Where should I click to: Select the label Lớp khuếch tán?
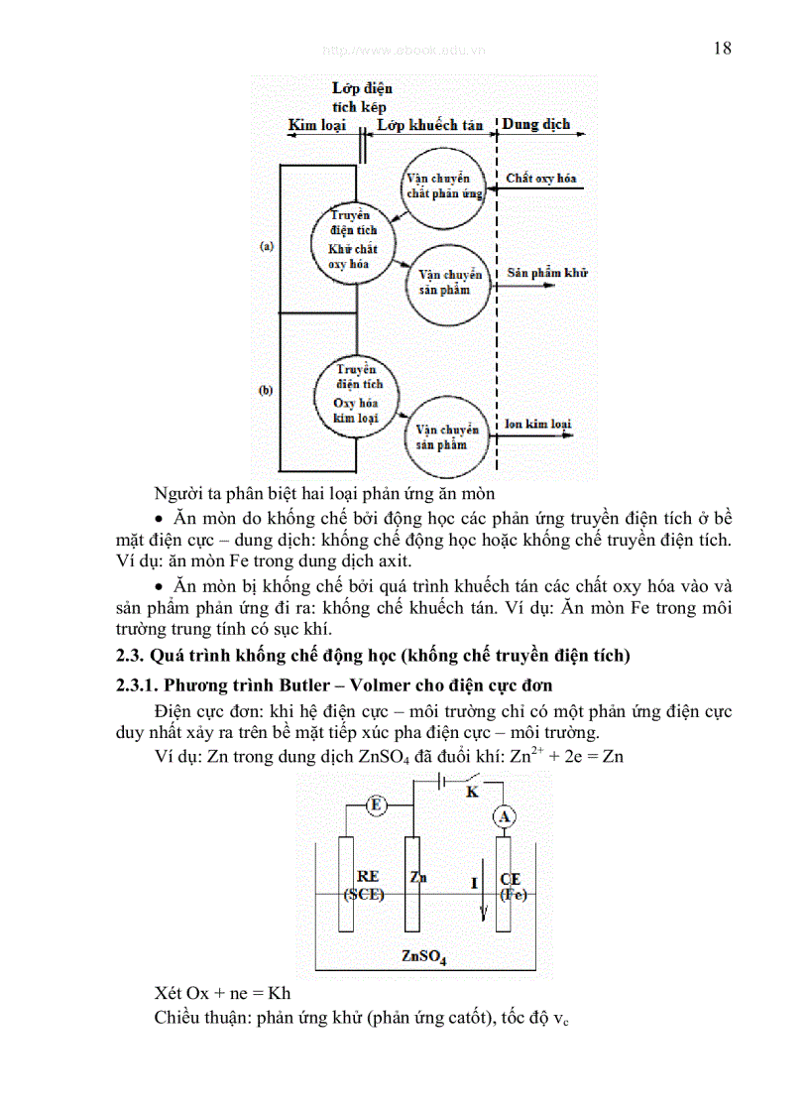pyautogui.click(x=430, y=125)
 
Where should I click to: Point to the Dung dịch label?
pyautogui.click(x=535, y=125)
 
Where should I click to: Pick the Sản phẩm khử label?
pyautogui.click(x=546, y=272)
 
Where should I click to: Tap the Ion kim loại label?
pyautogui.click(x=538, y=425)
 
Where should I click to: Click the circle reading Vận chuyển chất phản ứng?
pyautogui.click(x=443, y=186)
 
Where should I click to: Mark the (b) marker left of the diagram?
pyautogui.click(x=266, y=391)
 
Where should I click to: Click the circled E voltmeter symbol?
pyautogui.click(x=376, y=805)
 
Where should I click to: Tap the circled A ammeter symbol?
pyautogui.click(x=505, y=816)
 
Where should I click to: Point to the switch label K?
pyautogui.click(x=473, y=792)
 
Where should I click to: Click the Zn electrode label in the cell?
pyautogui.click(x=417, y=877)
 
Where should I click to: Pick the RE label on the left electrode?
pyautogui.click(x=368, y=877)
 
